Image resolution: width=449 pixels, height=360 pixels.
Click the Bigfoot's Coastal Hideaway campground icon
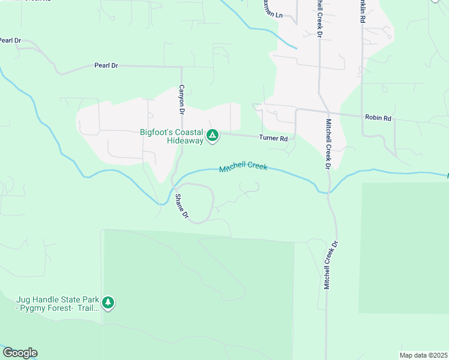pyautogui.click(x=212, y=136)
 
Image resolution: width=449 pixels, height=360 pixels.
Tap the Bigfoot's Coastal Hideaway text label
pyautogui.click(x=172, y=136)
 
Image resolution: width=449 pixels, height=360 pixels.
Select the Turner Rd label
pyautogui.click(x=273, y=138)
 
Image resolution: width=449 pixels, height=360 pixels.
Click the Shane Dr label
pyautogui.click(x=181, y=206)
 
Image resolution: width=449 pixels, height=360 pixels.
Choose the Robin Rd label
pyautogui.click(x=378, y=118)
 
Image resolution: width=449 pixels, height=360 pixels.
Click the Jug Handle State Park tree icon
pyautogui.click(x=108, y=302)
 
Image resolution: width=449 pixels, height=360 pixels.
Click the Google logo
pyautogui.click(x=20, y=353)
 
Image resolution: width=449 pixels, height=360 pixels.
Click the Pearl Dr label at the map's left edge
pyautogui.click(x=10, y=41)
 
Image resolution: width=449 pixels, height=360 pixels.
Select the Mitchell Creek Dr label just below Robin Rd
pyautogui.click(x=328, y=144)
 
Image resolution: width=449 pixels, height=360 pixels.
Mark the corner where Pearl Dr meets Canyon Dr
pyautogui.click(x=181, y=67)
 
